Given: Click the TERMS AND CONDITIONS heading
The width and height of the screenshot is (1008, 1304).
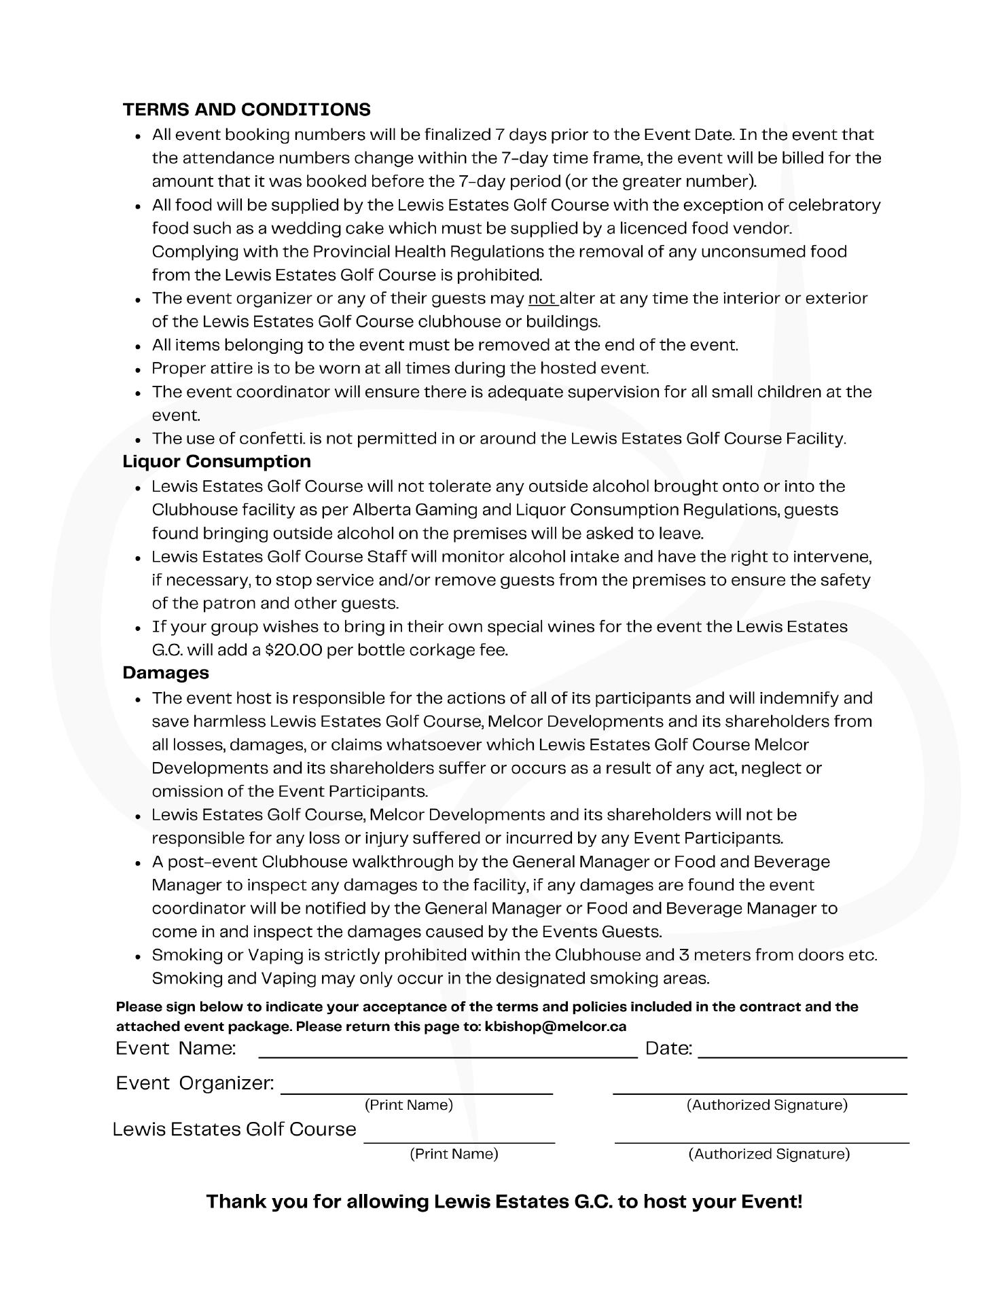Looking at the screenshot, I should (247, 109).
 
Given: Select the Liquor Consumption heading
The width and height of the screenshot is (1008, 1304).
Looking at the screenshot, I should (217, 461).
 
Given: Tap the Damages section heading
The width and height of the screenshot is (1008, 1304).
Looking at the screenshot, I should (166, 672).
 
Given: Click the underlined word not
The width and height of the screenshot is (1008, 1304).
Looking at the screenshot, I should (542, 298).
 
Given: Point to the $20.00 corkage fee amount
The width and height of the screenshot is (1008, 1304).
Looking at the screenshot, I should (293, 650).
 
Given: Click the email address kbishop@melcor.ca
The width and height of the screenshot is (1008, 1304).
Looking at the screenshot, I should (556, 1026).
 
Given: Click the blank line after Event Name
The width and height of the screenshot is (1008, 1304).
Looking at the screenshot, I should (448, 1055).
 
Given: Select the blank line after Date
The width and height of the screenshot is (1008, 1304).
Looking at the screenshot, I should (802, 1055).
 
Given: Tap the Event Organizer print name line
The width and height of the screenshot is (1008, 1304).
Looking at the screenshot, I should (417, 1091).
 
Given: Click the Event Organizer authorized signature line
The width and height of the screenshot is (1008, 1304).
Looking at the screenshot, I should (760, 1091).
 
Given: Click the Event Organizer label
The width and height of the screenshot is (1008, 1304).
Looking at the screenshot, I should (195, 1083).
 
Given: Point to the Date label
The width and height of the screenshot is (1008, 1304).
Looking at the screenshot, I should (668, 1049).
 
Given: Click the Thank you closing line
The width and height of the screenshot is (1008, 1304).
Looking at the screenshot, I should (504, 1201).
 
